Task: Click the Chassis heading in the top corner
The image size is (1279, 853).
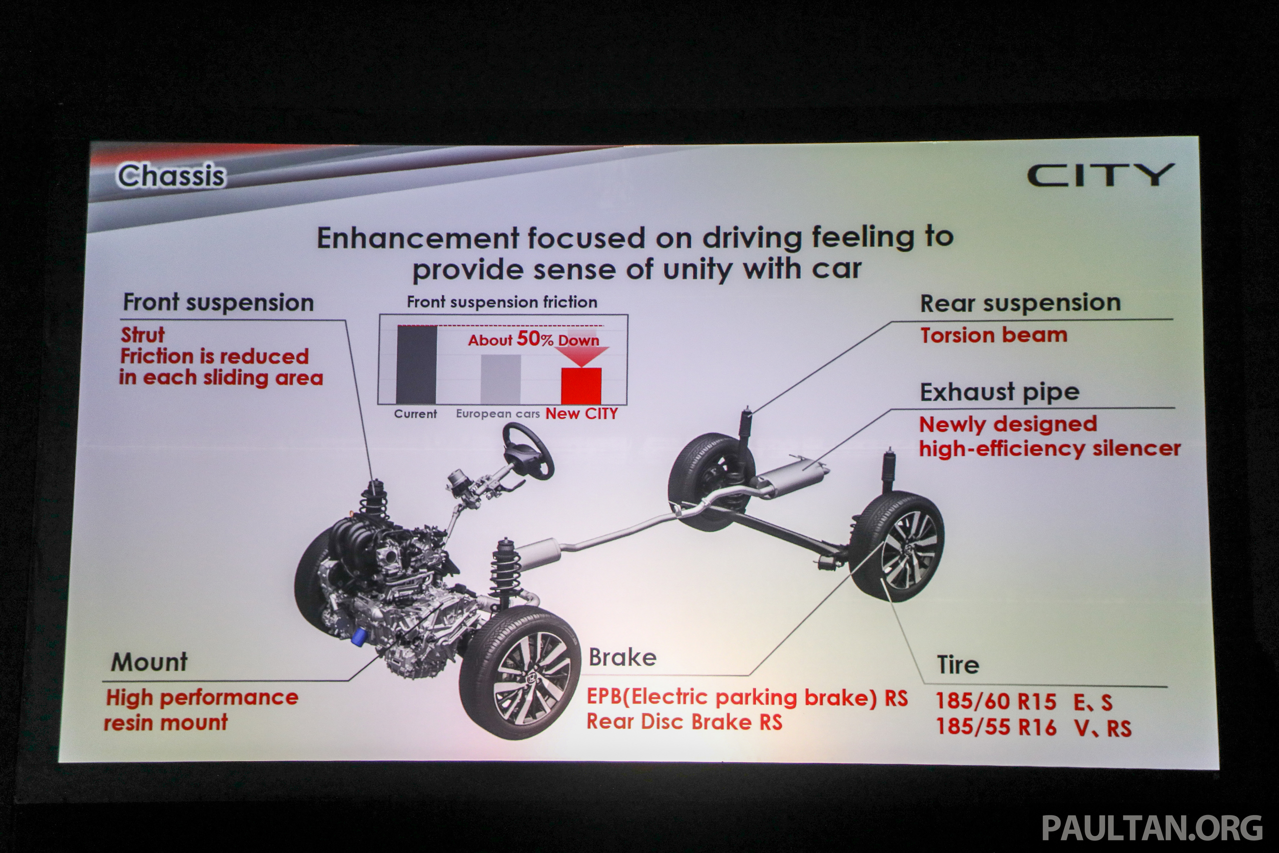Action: pyautogui.click(x=171, y=176)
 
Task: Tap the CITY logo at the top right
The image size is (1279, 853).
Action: pyautogui.click(x=1100, y=175)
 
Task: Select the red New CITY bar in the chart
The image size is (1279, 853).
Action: pyautogui.click(x=581, y=386)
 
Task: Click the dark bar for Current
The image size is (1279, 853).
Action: pyautogui.click(x=417, y=364)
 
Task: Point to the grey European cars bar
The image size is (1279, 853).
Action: pyautogui.click(x=500, y=379)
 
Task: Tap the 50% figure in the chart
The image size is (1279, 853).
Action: pyautogui.click(x=535, y=338)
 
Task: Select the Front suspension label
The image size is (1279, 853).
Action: pyautogui.click(x=218, y=302)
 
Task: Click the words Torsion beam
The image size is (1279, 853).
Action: pyautogui.click(x=994, y=335)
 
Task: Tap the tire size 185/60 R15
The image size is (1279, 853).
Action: pyautogui.click(x=996, y=702)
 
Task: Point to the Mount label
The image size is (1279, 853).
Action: pyautogui.click(x=149, y=662)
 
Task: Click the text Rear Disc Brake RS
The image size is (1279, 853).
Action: pyautogui.click(x=684, y=722)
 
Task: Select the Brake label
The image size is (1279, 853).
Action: pyautogui.click(x=623, y=657)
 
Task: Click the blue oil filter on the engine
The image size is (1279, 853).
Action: pyautogui.click(x=359, y=637)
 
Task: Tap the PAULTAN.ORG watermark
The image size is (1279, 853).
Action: pyautogui.click(x=1152, y=828)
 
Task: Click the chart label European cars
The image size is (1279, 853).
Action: pyautogui.click(x=498, y=413)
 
